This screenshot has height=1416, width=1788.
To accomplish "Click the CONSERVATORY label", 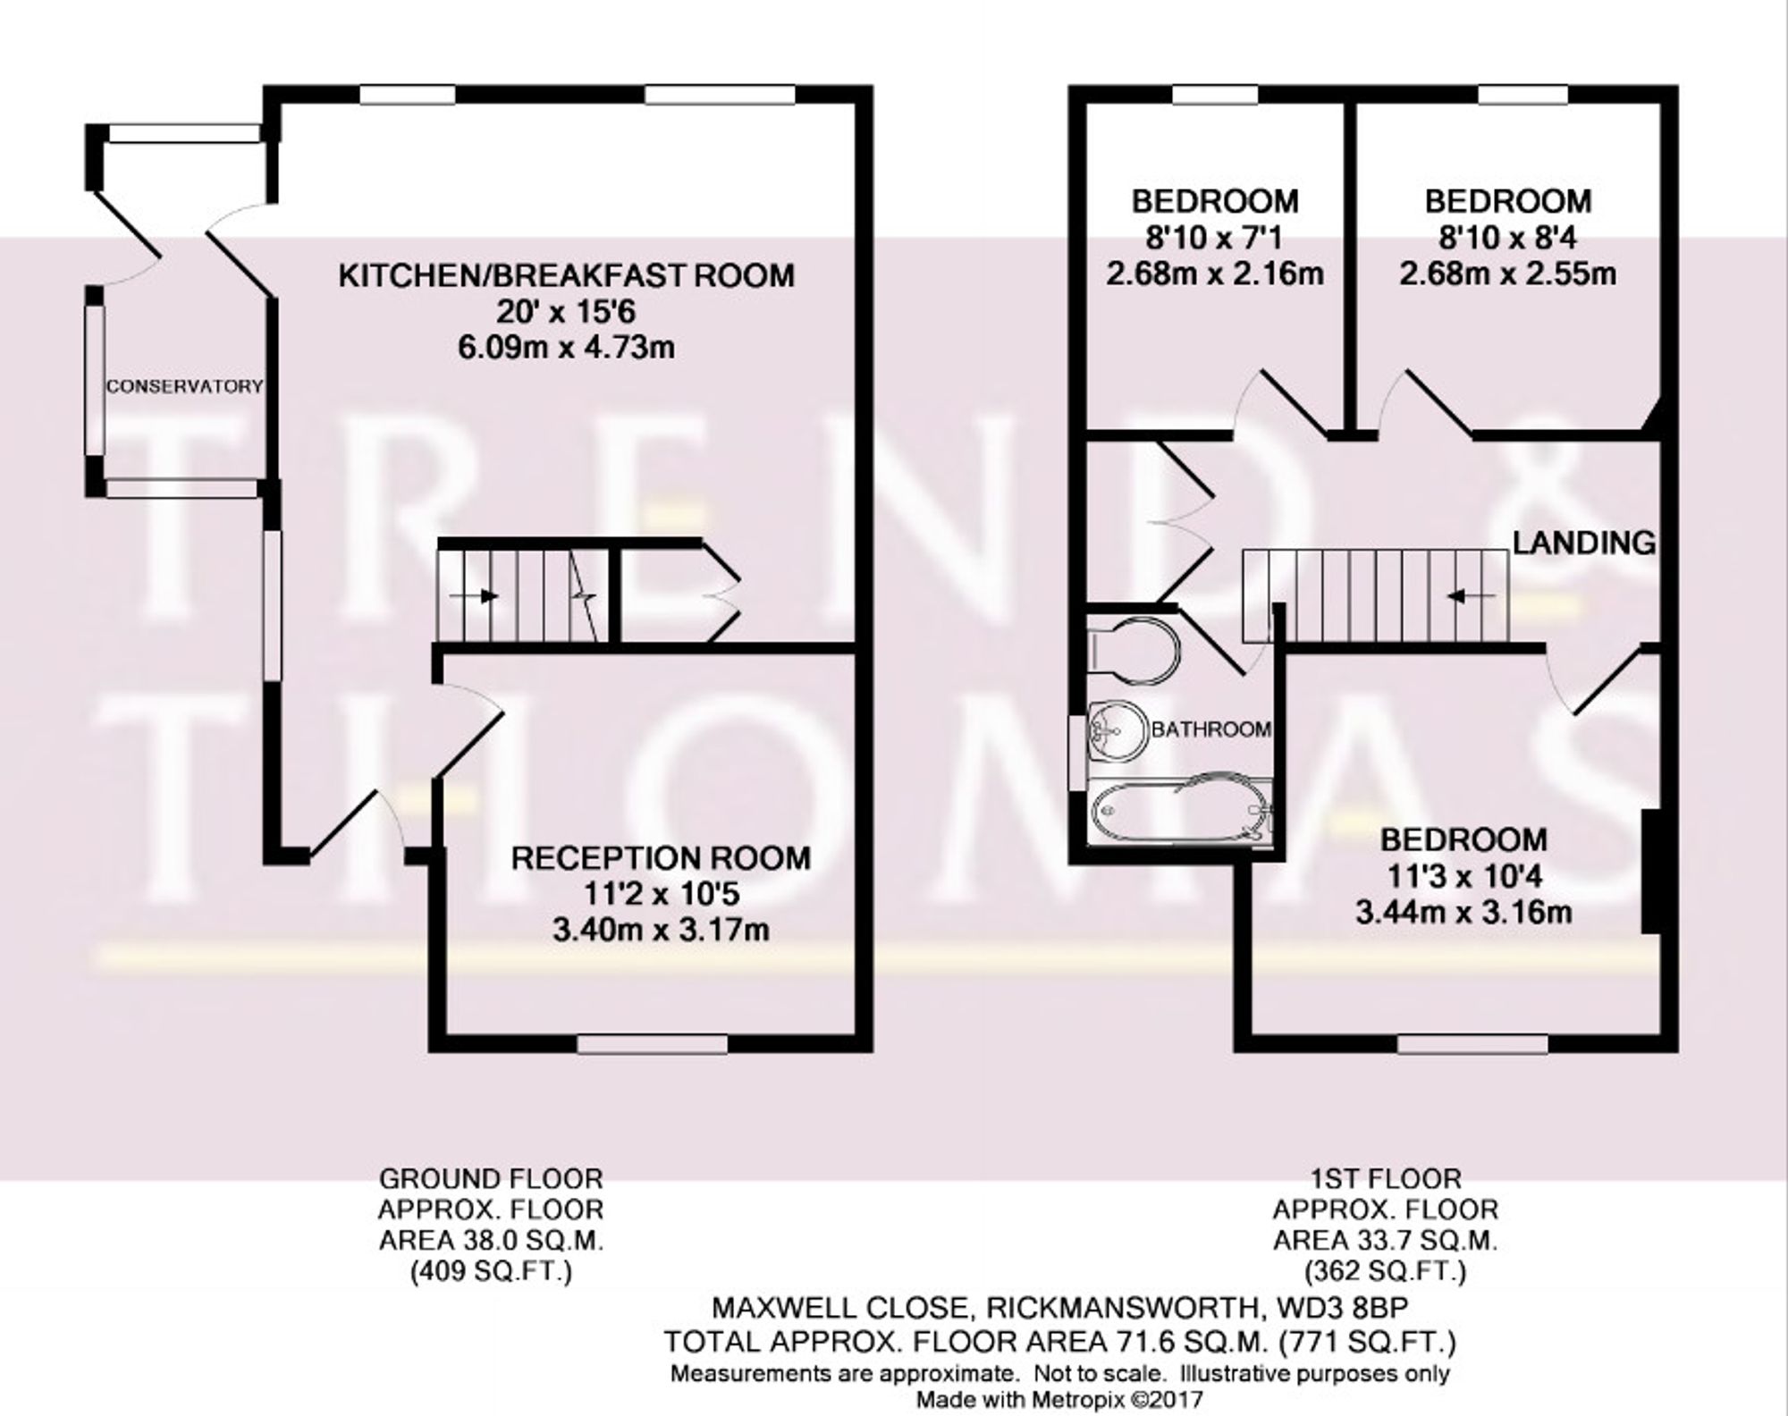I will [x=184, y=387].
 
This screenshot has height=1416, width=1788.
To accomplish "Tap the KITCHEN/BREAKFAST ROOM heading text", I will [x=566, y=275].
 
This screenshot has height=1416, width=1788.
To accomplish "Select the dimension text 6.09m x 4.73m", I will [x=566, y=347].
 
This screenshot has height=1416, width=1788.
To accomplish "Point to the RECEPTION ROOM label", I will [x=661, y=858].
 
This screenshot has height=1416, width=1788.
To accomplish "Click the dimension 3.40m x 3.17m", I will [x=661, y=931].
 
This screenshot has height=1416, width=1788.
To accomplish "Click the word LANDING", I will [x=1583, y=543].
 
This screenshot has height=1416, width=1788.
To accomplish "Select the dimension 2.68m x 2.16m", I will [x=1215, y=274].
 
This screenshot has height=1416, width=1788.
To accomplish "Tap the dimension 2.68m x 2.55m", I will [x=1507, y=274].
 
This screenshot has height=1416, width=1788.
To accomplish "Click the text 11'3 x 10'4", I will [x=1463, y=877].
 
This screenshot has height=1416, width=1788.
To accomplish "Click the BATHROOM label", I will [x=1211, y=729].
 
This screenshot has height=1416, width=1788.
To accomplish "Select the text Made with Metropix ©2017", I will [x=1059, y=1399].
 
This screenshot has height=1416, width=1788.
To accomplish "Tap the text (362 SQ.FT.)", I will [x=1385, y=1270].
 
